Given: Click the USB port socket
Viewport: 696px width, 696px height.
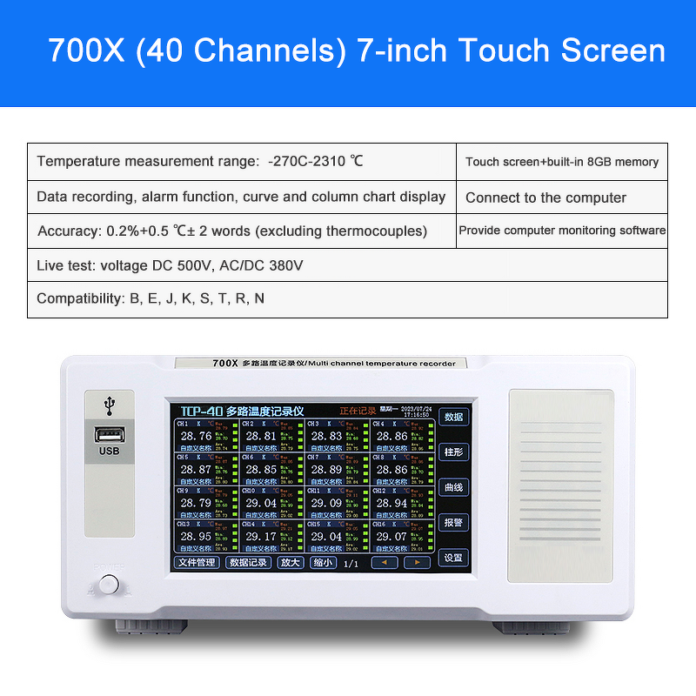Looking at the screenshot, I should point(109,434).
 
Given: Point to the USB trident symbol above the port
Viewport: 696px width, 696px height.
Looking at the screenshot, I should point(109,405).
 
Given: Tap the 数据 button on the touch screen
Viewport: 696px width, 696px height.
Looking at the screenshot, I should point(453,418).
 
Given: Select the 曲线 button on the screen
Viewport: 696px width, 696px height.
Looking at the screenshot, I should point(453,487).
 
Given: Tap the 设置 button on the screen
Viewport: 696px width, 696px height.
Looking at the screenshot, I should point(453,557).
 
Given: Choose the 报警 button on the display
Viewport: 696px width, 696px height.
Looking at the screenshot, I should point(453,522).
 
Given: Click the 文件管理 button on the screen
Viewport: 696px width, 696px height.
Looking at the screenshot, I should point(196,563).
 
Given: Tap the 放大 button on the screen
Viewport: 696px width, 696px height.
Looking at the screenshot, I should point(290,563).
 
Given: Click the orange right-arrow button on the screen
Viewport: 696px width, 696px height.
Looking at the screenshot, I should point(417,563).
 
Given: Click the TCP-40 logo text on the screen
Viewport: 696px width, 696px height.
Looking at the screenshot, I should point(199,410).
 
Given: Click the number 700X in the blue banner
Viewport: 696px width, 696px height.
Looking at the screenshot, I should point(87,50).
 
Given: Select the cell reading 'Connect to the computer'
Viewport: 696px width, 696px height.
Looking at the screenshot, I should point(545,197).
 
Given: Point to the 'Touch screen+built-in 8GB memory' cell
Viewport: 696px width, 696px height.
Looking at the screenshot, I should point(562,162).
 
